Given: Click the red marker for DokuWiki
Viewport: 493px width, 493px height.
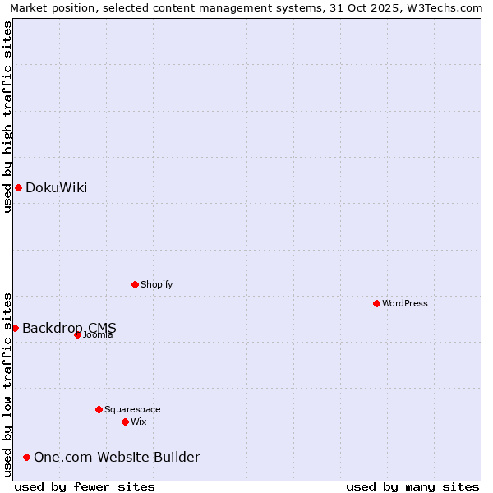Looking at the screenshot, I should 18,187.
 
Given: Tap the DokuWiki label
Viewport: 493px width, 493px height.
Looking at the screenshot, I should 56,187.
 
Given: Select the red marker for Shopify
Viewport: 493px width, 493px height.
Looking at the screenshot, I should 135,284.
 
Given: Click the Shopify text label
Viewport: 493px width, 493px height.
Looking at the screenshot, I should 156,284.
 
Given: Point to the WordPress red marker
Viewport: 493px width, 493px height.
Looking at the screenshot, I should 376,303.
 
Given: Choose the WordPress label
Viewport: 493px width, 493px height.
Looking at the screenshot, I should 404,303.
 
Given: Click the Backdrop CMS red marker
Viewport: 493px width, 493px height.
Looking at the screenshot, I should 15,328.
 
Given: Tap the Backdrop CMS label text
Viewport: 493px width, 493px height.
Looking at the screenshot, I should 69,328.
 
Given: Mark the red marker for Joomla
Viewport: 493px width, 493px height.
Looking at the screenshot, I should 77,334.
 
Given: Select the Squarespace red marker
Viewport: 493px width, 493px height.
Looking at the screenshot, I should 99,409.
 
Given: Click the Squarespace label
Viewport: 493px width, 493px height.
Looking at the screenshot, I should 132,409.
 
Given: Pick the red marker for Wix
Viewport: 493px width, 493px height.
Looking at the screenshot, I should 125,422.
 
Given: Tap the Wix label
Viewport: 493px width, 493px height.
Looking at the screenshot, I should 138,422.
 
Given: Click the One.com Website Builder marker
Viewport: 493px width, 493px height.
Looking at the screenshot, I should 27,457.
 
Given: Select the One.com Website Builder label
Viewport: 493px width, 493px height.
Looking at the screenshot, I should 117,457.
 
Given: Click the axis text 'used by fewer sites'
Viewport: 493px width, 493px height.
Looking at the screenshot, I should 85,486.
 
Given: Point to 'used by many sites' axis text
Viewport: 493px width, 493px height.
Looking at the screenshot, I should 412,486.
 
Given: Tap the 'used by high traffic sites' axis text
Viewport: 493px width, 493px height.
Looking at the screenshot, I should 7,117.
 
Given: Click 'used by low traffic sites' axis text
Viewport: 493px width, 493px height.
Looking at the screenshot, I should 7,384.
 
